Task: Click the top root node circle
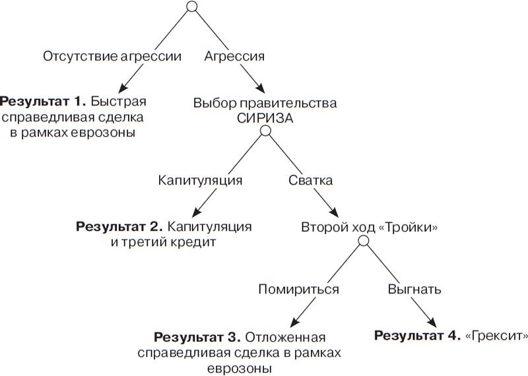click(x=192, y=7)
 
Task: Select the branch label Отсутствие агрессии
click(x=112, y=56)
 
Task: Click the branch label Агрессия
click(x=236, y=56)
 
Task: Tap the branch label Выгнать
click(x=414, y=289)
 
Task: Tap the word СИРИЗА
click(x=265, y=117)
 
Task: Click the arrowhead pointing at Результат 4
click(x=434, y=323)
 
